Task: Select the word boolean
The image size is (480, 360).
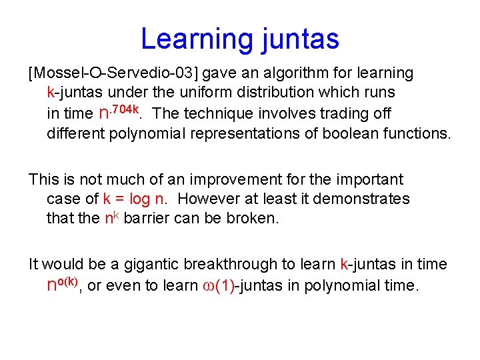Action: pos(347,133)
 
